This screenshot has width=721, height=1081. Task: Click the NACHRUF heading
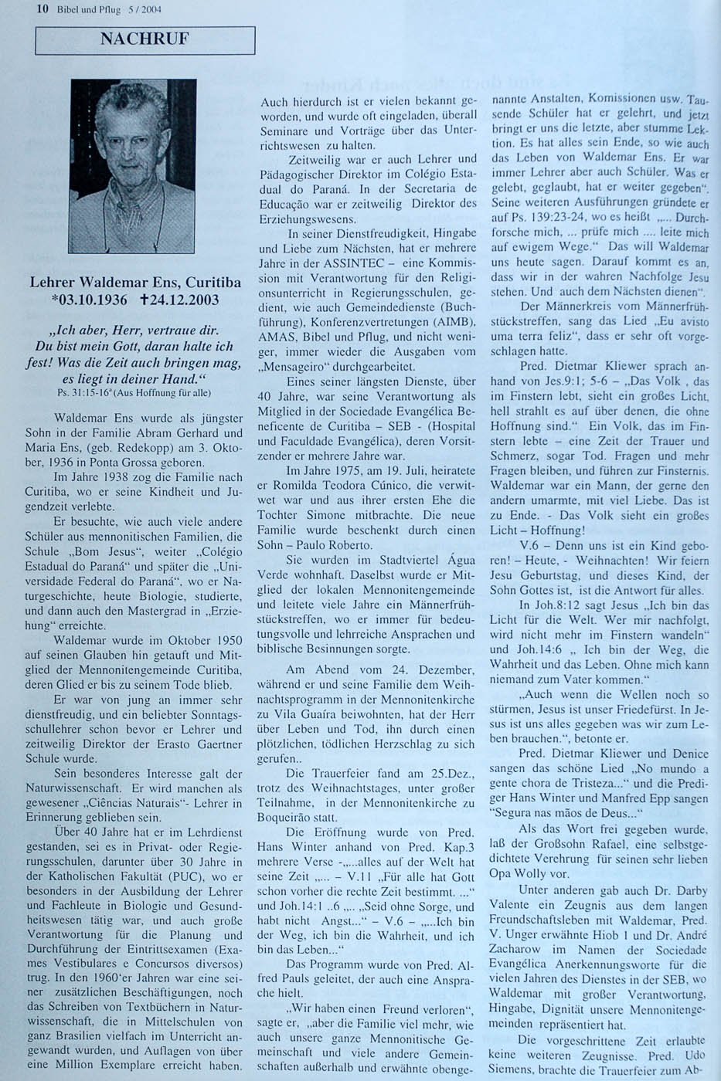145,39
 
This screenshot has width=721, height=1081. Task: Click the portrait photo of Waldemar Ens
132,166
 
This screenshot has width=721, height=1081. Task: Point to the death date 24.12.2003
181,300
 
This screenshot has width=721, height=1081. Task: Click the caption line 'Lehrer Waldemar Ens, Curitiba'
135,283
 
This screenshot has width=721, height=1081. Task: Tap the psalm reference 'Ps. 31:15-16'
74,393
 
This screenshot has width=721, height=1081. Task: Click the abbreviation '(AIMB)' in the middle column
437,323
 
